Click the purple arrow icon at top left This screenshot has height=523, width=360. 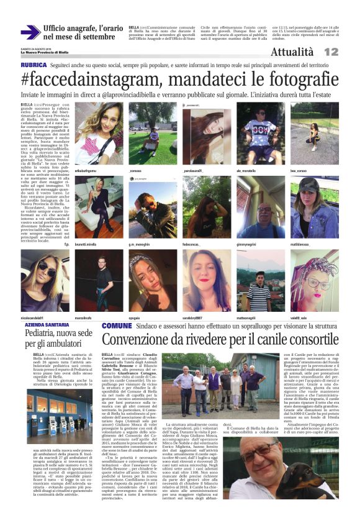pos(30,32)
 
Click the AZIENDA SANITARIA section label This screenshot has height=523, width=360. pos(47,325)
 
